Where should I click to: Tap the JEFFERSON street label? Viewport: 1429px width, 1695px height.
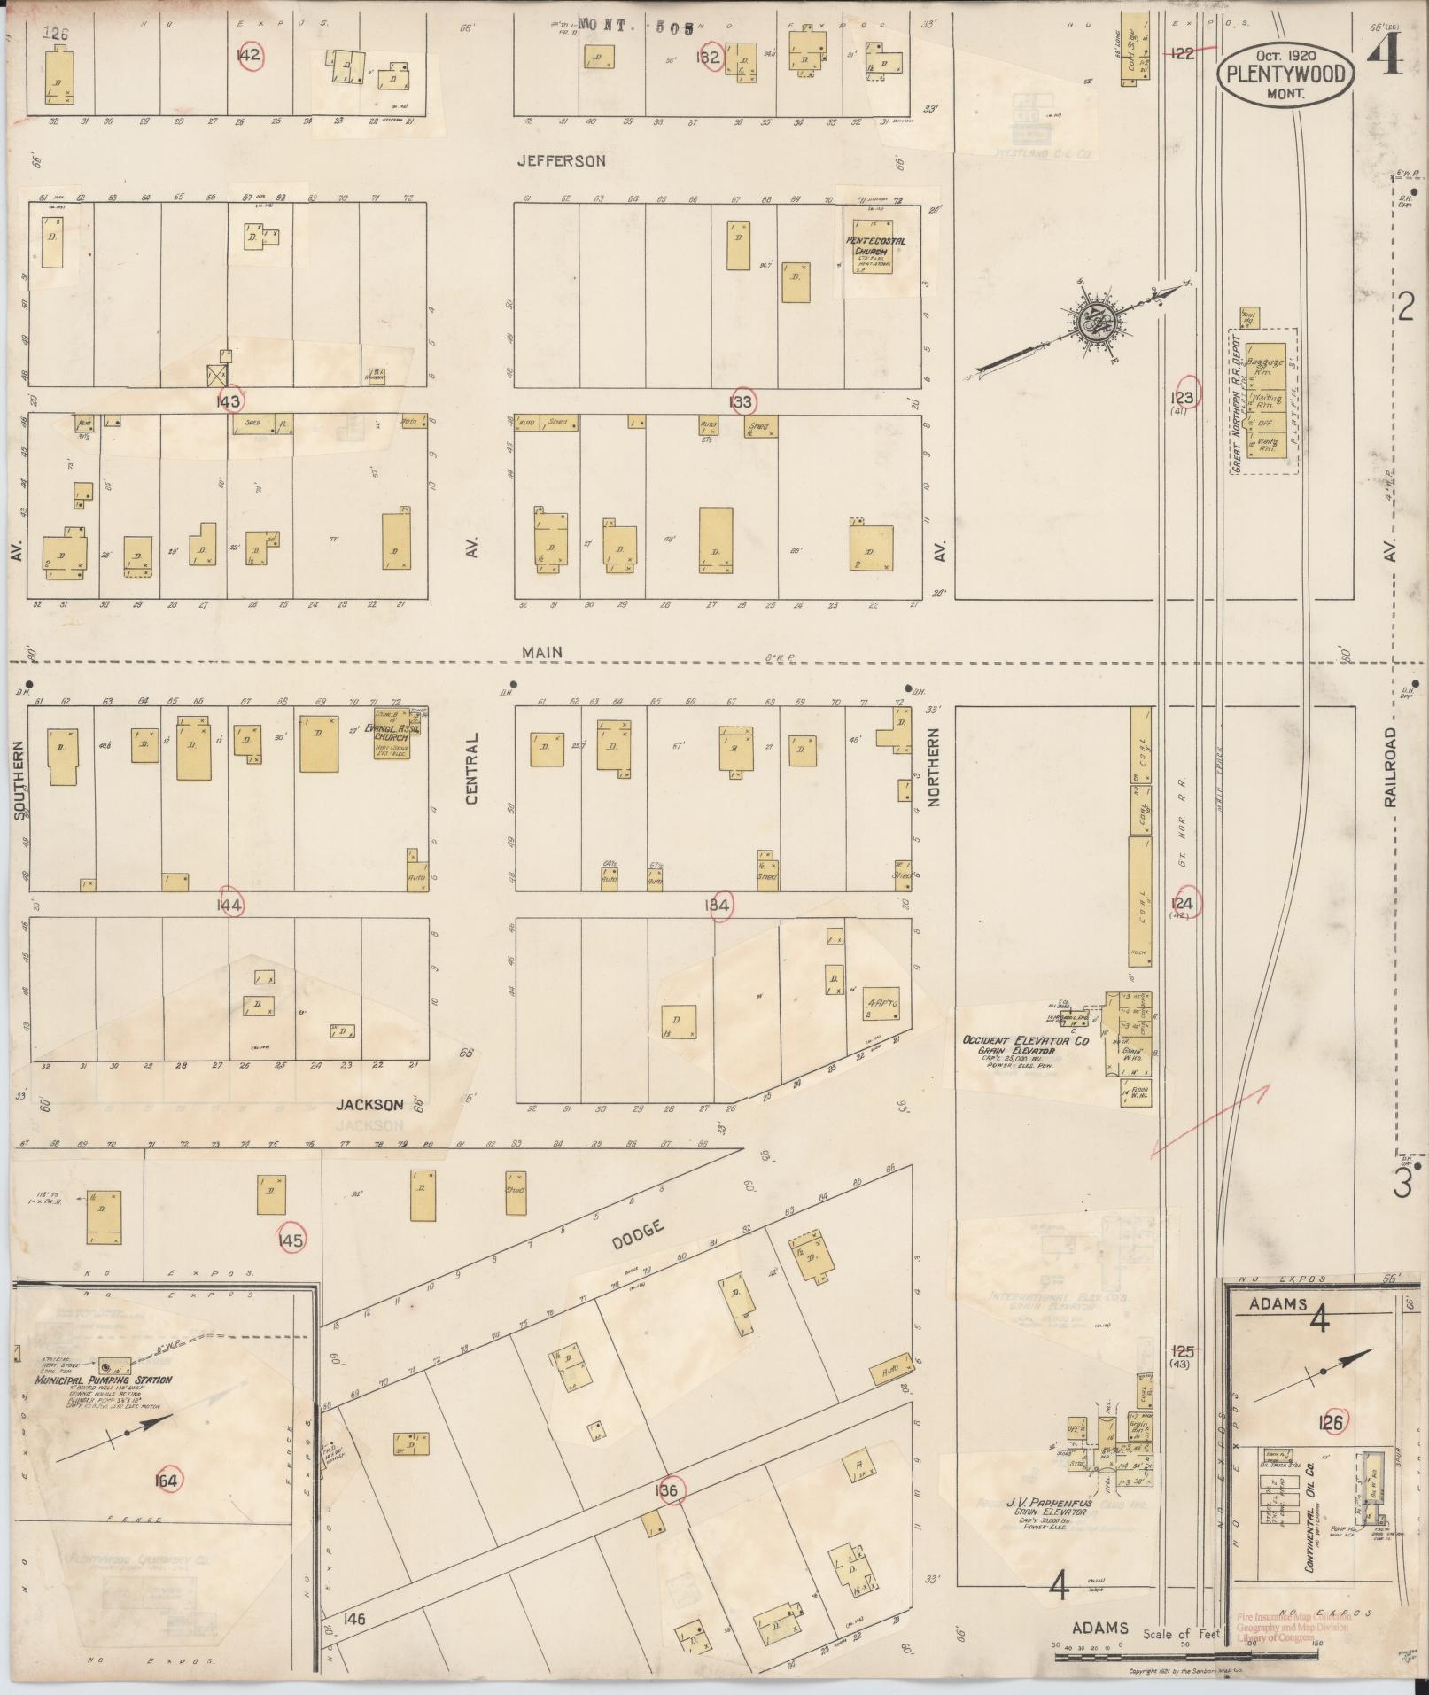point(563,161)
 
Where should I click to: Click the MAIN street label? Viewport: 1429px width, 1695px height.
point(543,652)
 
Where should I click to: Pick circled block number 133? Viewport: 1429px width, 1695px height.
point(742,402)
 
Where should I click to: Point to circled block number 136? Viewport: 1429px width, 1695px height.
point(667,1491)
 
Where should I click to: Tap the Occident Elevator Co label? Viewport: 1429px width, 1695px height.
point(1026,1041)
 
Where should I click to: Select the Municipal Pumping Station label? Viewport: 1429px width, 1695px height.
point(103,1380)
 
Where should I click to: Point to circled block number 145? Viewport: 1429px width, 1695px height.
point(291,1240)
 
